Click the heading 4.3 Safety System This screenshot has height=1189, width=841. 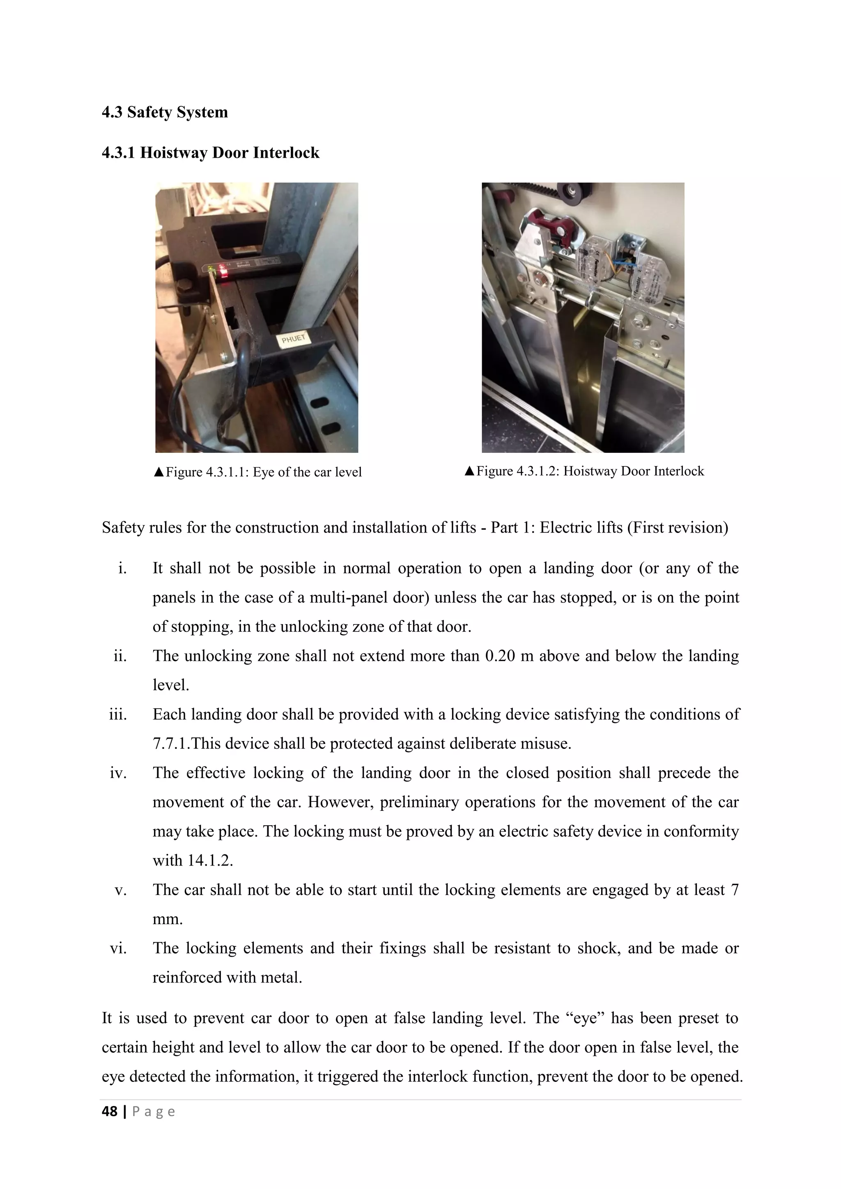coord(165,112)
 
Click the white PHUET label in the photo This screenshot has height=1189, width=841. coord(294,339)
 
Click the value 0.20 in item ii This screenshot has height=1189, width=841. coord(500,656)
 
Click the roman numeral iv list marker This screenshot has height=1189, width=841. coord(118,773)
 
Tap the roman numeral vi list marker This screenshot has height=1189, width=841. coord(118,948)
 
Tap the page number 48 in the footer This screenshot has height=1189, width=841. coord(110,1111)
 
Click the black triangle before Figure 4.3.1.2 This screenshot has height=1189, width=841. coord(469,471)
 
